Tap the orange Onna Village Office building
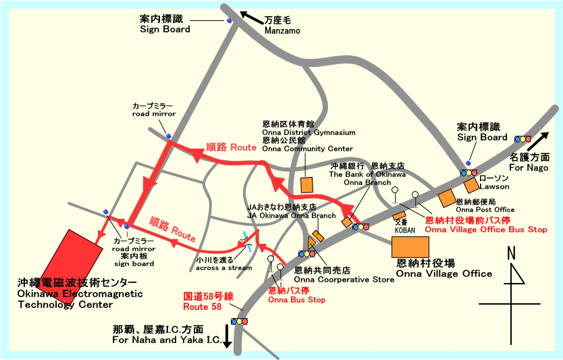tap(410, 247)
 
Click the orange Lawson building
tap(471, 186)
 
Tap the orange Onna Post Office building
tap(446, 198)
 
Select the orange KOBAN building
tap(400, 215)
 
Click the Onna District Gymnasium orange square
tap(307, 184)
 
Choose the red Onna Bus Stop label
tap(296, 295)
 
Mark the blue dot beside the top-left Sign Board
tap(229, 21)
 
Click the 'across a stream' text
tap(223, 268)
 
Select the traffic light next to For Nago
tap(522, 139)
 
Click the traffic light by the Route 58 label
tap(238, 322)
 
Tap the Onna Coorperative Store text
tap(344, 279)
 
